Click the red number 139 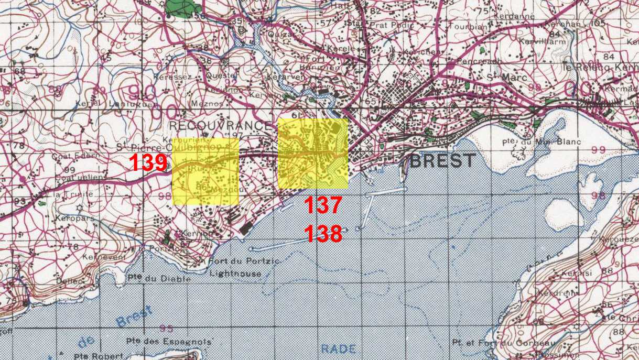(148, 163)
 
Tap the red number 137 (323, 205)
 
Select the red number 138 (323, 234)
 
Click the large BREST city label (442, 160)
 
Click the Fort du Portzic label (236, 261)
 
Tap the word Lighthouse (235, 273)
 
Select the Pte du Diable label (159, 279)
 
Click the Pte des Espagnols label (169, 342)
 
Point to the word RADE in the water (338, 349)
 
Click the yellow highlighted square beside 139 (205, 171)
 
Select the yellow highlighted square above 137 (313, 153)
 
